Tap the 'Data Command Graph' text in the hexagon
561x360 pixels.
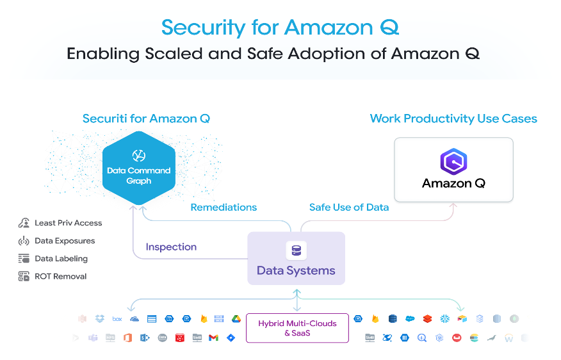click(x=139, y=176)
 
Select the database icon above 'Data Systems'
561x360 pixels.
click(x=296, y=250)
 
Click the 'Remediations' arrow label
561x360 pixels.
click(x=224, y=207)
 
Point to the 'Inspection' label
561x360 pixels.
click(x=171, y=247)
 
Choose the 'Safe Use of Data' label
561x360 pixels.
click(x=349, y=207)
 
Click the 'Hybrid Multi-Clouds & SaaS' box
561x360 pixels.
click(x=297, y=328)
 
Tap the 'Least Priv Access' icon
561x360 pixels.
click(x=24, y=223)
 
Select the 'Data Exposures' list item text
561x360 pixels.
click(x=65, y=241)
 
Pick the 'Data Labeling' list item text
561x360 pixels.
click(x=61, y=259)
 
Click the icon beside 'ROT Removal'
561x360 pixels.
click(x=24, y=277)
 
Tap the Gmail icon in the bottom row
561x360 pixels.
click(x=213, y=338)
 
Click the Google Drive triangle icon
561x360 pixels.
click(x=236, y=318)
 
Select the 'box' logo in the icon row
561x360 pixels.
click(x=117, y=318)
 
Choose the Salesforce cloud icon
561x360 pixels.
click(x=410, y=318)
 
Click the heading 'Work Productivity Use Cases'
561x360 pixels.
click(x=453, y=119)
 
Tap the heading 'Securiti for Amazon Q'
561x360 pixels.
click(x=146, y=119)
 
